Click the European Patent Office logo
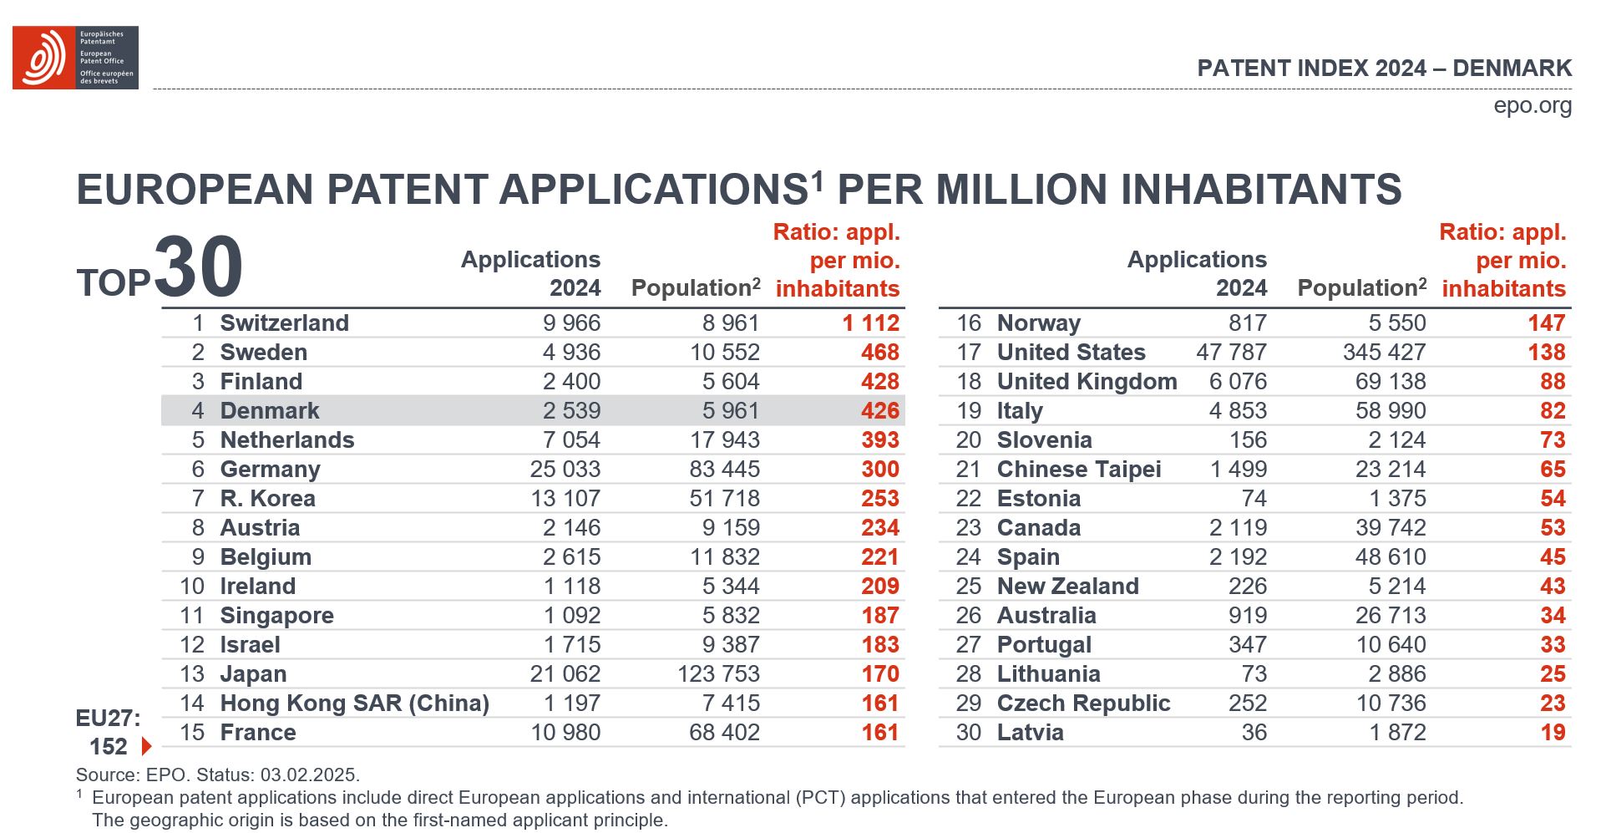[x=74, y=57]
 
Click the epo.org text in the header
[x=1533, y=106]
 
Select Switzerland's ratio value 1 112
[x=870, y=323]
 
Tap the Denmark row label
[x=269, y=411]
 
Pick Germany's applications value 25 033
[x=565, y=470]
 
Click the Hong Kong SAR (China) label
[x=354, y=703]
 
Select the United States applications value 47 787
[x=1231, y=353]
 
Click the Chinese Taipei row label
[x=1078, y=470]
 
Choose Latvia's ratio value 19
[x=1553, y=733]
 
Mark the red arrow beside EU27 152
[x=147, y=746]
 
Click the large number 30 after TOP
[x=199, y=267]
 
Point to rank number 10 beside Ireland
[x=192, y=587]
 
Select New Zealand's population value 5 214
[x=1398, y=587]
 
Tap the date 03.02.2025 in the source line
[x=309, y=775]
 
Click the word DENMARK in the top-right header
[x=1512, y=69]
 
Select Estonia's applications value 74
[x=1254, y=499]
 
